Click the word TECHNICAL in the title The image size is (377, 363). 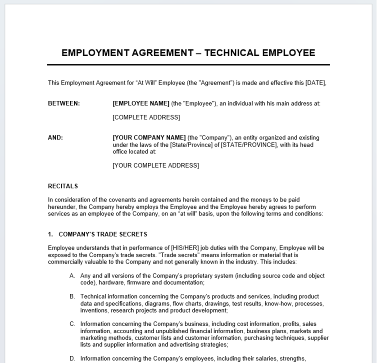tap(231, 53)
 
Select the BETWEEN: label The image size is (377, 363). tap(64, 103)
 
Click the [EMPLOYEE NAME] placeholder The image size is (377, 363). tap(141, 103)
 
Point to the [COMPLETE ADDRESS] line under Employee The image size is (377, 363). tap(146, 117)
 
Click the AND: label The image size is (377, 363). tap(55, 138)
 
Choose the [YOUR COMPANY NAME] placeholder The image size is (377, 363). tap(149, 138)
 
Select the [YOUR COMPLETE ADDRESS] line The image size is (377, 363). tap(155, 166)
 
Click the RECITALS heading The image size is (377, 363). tap(63, 186)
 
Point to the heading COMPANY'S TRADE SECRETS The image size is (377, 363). tap(103, 234)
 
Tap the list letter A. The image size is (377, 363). tap(72, 276)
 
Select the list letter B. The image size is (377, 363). tap(72, 296)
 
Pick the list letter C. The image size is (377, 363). tap(72, 324)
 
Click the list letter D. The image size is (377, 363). tap(72, 359)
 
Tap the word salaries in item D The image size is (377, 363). tap(268, 359)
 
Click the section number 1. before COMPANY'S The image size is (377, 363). tap(50, 234)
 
